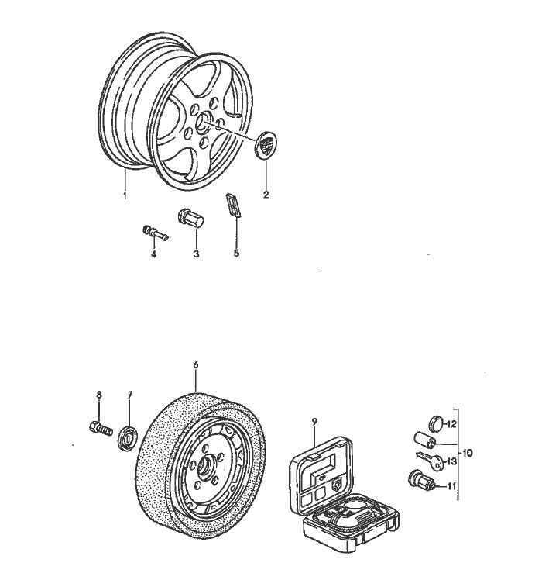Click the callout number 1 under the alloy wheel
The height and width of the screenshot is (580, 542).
[x=124, y=195]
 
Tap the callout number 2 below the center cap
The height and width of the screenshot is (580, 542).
[x=266, y=195]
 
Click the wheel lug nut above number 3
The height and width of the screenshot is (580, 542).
[x=190, y=218]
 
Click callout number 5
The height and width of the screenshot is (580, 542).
[x=237, y=253]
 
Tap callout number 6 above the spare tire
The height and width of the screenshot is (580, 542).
[x=196, y=364]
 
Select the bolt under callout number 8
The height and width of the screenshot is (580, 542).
[x=98, y=426]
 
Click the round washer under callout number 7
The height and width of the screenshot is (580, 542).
[x=127, y=436]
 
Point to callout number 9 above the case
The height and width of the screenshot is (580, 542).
[x=315, y=421]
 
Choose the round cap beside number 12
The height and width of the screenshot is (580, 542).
[x=435, y=422]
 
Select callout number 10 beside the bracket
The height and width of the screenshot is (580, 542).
[x=467, y=453]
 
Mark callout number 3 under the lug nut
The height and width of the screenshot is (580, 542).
[x=196, y=254]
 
